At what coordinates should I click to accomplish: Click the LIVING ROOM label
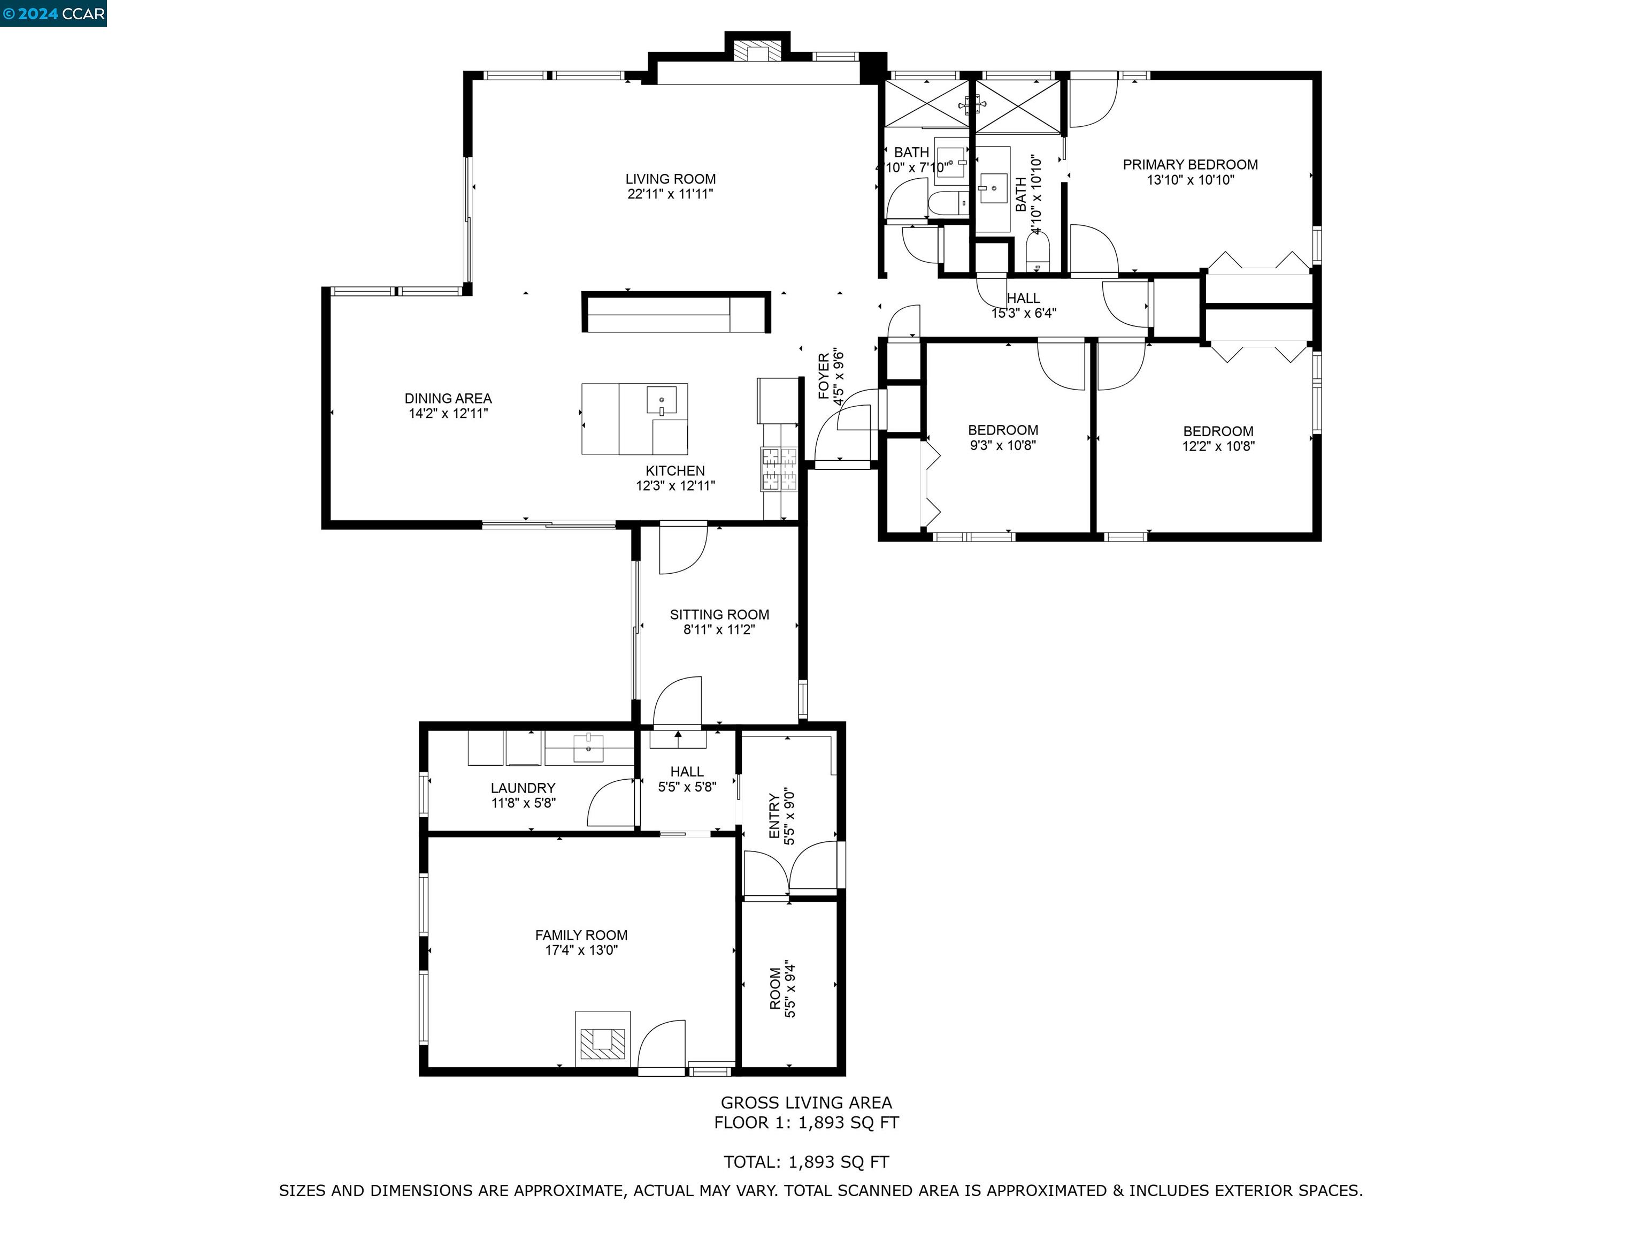point(670,179)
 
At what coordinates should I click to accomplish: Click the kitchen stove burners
point(778,469)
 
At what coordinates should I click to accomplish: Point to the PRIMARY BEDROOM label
point(1190,165)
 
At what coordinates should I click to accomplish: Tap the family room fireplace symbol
point(602,1042)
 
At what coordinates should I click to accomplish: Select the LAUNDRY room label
point(523,788)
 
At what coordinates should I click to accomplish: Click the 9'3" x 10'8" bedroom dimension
point(1003,446)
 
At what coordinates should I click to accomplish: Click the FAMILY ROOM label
point(581,935)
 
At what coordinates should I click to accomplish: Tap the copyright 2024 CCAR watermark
point(53,13)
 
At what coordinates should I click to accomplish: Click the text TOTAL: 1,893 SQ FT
point(806,1162)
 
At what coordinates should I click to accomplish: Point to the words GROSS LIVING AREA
point(806,1103)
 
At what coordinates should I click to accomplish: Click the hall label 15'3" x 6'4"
point(1024,314)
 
